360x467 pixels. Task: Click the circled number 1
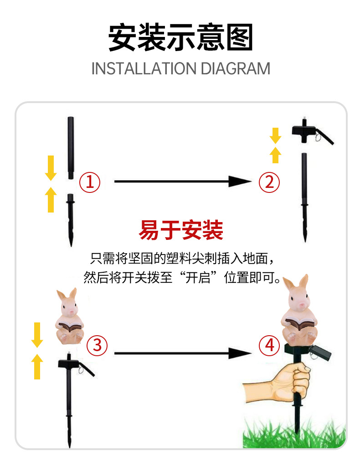coord(90,182)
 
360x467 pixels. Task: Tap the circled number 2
coord(269,182)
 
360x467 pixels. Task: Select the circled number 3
coord(97,345)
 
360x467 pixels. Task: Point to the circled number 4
coord(269,345)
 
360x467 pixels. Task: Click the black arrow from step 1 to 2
coord(183,182)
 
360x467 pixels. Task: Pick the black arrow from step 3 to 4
coord(183,353)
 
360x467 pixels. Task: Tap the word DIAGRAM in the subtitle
coord(236,68)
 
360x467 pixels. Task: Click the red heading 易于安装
coord(181,230)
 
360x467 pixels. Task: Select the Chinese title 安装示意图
coord(180,37)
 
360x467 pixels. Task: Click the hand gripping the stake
coord(277,383)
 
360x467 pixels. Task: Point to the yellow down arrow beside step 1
coord(51,168)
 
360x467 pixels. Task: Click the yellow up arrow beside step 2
coord(276,155)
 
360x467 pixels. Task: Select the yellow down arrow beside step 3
coord(37,335)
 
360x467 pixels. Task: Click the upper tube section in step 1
coord(71,148)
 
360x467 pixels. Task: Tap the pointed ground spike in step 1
coord(71,220)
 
